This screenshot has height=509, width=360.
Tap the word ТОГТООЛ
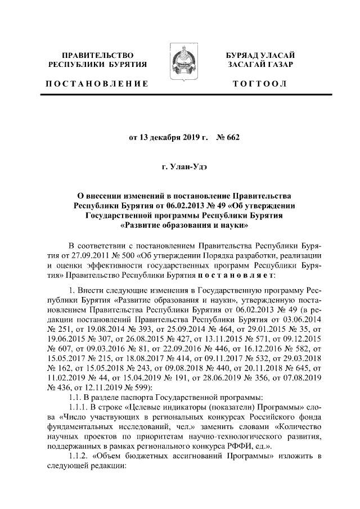coord(260,84)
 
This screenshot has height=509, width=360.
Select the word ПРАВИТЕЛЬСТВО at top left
coord(97,56)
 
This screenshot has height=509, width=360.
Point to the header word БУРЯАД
coord(244,56)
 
